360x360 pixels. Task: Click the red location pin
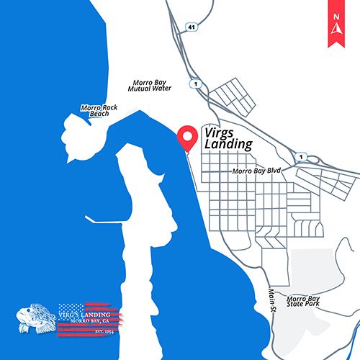[189, 135]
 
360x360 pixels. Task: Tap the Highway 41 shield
[191, 27]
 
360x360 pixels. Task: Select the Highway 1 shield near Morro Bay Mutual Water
[194, 84]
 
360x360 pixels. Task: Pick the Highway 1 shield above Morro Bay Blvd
[302, 156]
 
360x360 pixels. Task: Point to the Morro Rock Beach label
[99, 111]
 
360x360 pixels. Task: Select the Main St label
[272, 295]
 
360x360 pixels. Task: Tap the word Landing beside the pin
[228, 145]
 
